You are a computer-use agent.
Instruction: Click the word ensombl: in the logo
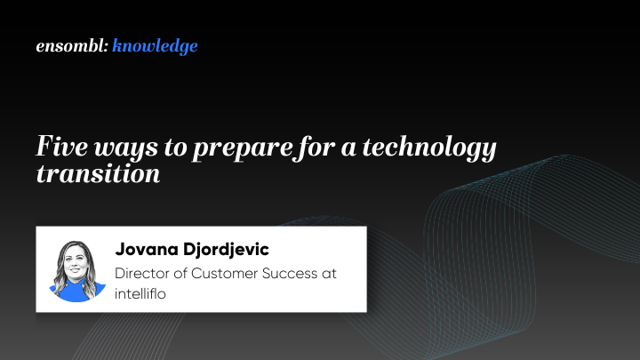[x=72, y=46]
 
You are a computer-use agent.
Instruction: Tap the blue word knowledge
[x=156, y=46]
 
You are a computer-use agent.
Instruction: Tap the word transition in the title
[x=97, y=173]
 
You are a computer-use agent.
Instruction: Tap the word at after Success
[x=330, y=274]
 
